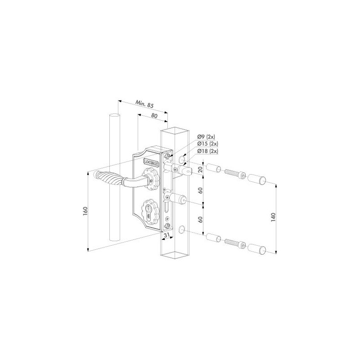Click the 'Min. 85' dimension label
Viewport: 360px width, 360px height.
point(144,104)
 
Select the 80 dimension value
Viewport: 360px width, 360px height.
point(154,116)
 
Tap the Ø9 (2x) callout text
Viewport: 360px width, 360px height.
point(206,137)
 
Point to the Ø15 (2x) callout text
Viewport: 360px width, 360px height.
point(207,144)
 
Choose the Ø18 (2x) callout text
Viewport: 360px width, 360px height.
point(207,151)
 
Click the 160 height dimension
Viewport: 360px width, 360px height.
point(85,211)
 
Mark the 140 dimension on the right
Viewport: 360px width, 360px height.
point(273,217)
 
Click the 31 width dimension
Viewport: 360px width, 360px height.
point(167,234)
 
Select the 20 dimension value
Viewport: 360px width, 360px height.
point(200,170)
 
